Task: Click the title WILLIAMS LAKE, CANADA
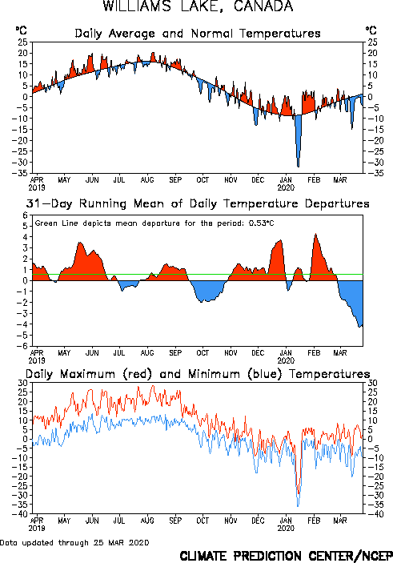click(x=198, y=6)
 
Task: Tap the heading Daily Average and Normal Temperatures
click(x=198, y=34)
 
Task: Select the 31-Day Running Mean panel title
click(x=198, y=203)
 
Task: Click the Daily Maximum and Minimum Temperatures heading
click(x=198, y=374)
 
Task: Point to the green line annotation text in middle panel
click(x=154, y=223)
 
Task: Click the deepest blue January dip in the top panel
click(x=298, y=167)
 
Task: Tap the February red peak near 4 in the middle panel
click(x=315, y=235)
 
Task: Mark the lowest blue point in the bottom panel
click(x=298, y=506)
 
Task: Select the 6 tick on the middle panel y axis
click(x=25, y=215)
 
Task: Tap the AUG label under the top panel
click(x=147, y=180)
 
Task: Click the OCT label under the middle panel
click(x=203, y=353)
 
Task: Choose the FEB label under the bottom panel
click(x=314, y=521)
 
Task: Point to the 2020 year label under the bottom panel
click(x=286, y=529)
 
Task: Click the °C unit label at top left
click(x=21, y=30)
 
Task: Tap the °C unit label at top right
click(x=371, y=30)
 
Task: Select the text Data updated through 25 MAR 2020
click(x=74, y=542)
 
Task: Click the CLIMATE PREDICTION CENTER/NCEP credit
click(x=286, y=556)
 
